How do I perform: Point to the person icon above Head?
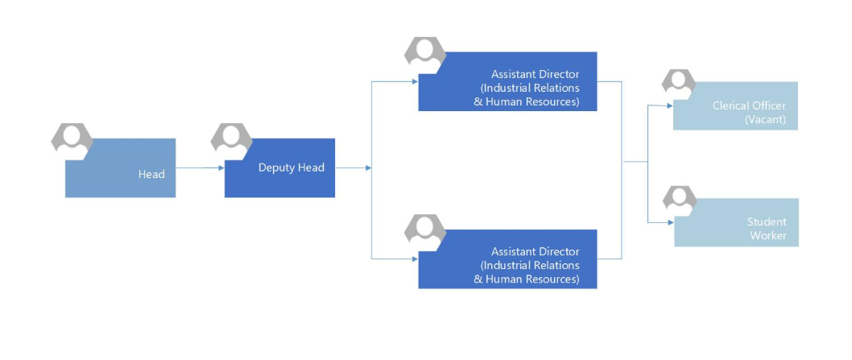[72, 140]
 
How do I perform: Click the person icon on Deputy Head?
[231, 140]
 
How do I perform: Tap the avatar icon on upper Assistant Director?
[425, 54]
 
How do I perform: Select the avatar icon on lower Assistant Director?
[425, 231]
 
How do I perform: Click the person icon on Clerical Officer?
[679, 84]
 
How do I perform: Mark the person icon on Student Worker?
[680, 200]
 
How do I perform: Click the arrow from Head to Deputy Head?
[200, 168]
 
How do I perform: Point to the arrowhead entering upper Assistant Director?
[416, 81]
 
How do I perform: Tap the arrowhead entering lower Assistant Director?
[416, 259]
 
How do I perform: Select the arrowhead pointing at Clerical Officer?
[670, 106]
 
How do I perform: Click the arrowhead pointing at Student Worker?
[671, 222]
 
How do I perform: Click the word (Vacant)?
[765, 120]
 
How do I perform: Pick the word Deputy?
[275, 168]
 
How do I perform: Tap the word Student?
[766, 221]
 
